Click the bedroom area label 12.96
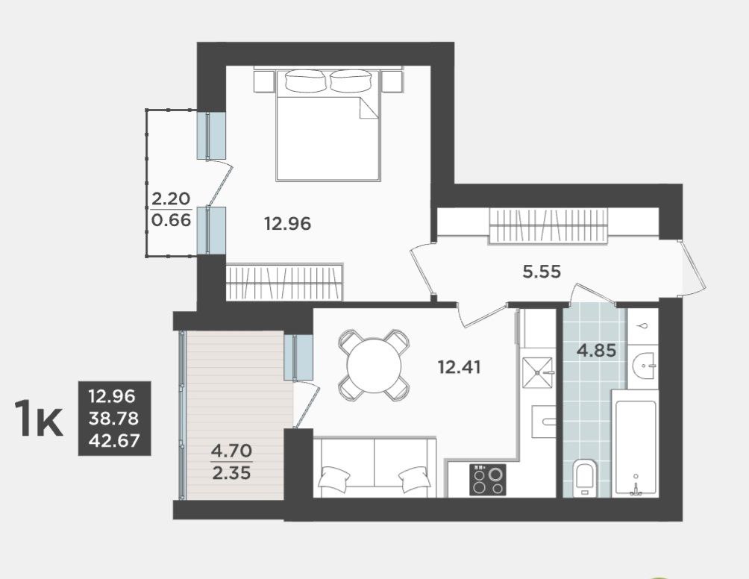coord(287,223)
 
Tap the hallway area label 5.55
coord(542,272)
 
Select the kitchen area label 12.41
coord(460,367)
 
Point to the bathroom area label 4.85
coord(597,351)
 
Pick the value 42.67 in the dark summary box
coord(114,440)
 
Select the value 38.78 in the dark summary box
coord(114,419)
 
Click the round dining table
coord(374,366)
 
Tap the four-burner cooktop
coord(488,480)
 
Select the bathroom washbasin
coord(644,366)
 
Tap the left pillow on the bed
coord(306,81)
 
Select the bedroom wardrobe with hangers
coord(285,282)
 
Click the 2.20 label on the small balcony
coord(171,198)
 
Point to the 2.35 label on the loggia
coord(231,473)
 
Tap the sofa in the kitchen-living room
coord(375,467)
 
